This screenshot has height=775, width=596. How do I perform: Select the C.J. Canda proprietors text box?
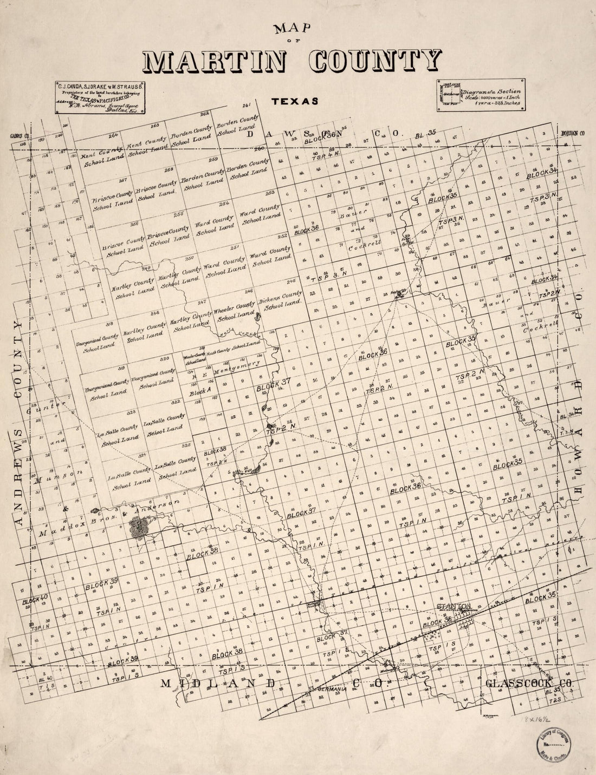101,97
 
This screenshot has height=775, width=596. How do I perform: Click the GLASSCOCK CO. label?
530,684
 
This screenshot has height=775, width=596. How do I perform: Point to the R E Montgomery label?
226,369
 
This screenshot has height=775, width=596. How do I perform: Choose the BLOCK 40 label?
36,600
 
